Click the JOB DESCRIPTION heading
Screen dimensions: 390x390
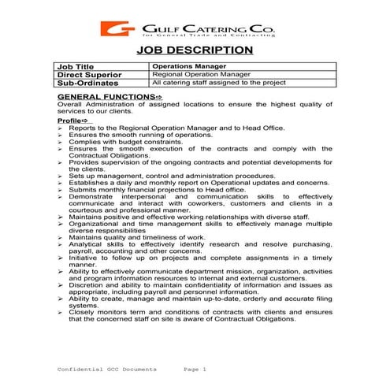(195, 50)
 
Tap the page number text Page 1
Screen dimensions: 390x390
(193, 369)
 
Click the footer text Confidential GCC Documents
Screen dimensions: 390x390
(108, 369)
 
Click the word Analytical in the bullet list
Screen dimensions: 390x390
(86, 244)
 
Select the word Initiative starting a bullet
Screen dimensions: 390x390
(84, 258)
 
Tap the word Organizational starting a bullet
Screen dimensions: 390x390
(92, 223)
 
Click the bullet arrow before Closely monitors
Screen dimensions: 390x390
(61, 312)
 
